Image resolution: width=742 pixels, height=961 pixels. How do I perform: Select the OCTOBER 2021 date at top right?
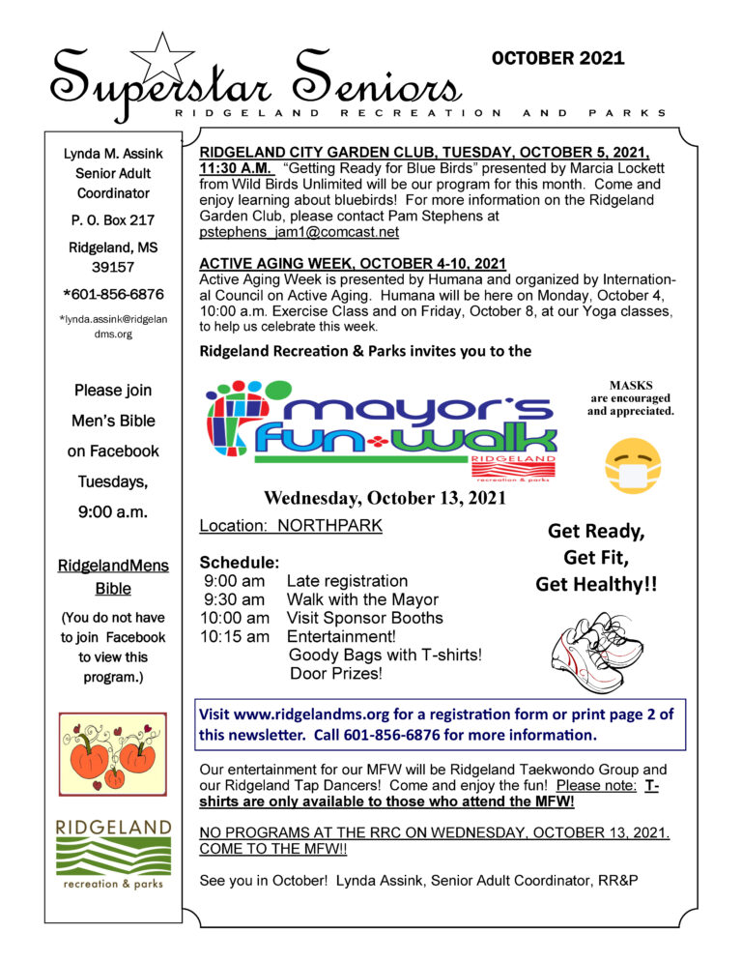(558, 59)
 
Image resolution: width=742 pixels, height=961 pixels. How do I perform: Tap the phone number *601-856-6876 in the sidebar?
(113, 294)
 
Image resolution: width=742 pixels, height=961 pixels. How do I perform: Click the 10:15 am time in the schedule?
(234, 636)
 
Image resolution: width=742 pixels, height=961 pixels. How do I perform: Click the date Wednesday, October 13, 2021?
(385, 499)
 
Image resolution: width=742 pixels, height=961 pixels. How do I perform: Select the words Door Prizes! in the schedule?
(336, 673)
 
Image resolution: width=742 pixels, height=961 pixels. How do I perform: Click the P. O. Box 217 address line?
(113, 220)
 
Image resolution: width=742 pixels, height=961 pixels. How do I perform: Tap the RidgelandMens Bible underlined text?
(113, 577)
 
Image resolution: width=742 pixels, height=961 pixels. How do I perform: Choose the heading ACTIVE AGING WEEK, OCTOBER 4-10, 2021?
(352, 264)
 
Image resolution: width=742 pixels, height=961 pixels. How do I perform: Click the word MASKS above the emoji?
(631, 384)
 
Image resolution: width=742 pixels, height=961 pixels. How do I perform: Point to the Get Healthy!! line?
(596, 584)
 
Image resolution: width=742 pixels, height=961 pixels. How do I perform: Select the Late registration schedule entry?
(347, 581)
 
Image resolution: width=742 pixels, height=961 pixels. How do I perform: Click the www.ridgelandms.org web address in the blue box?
(322, 714)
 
